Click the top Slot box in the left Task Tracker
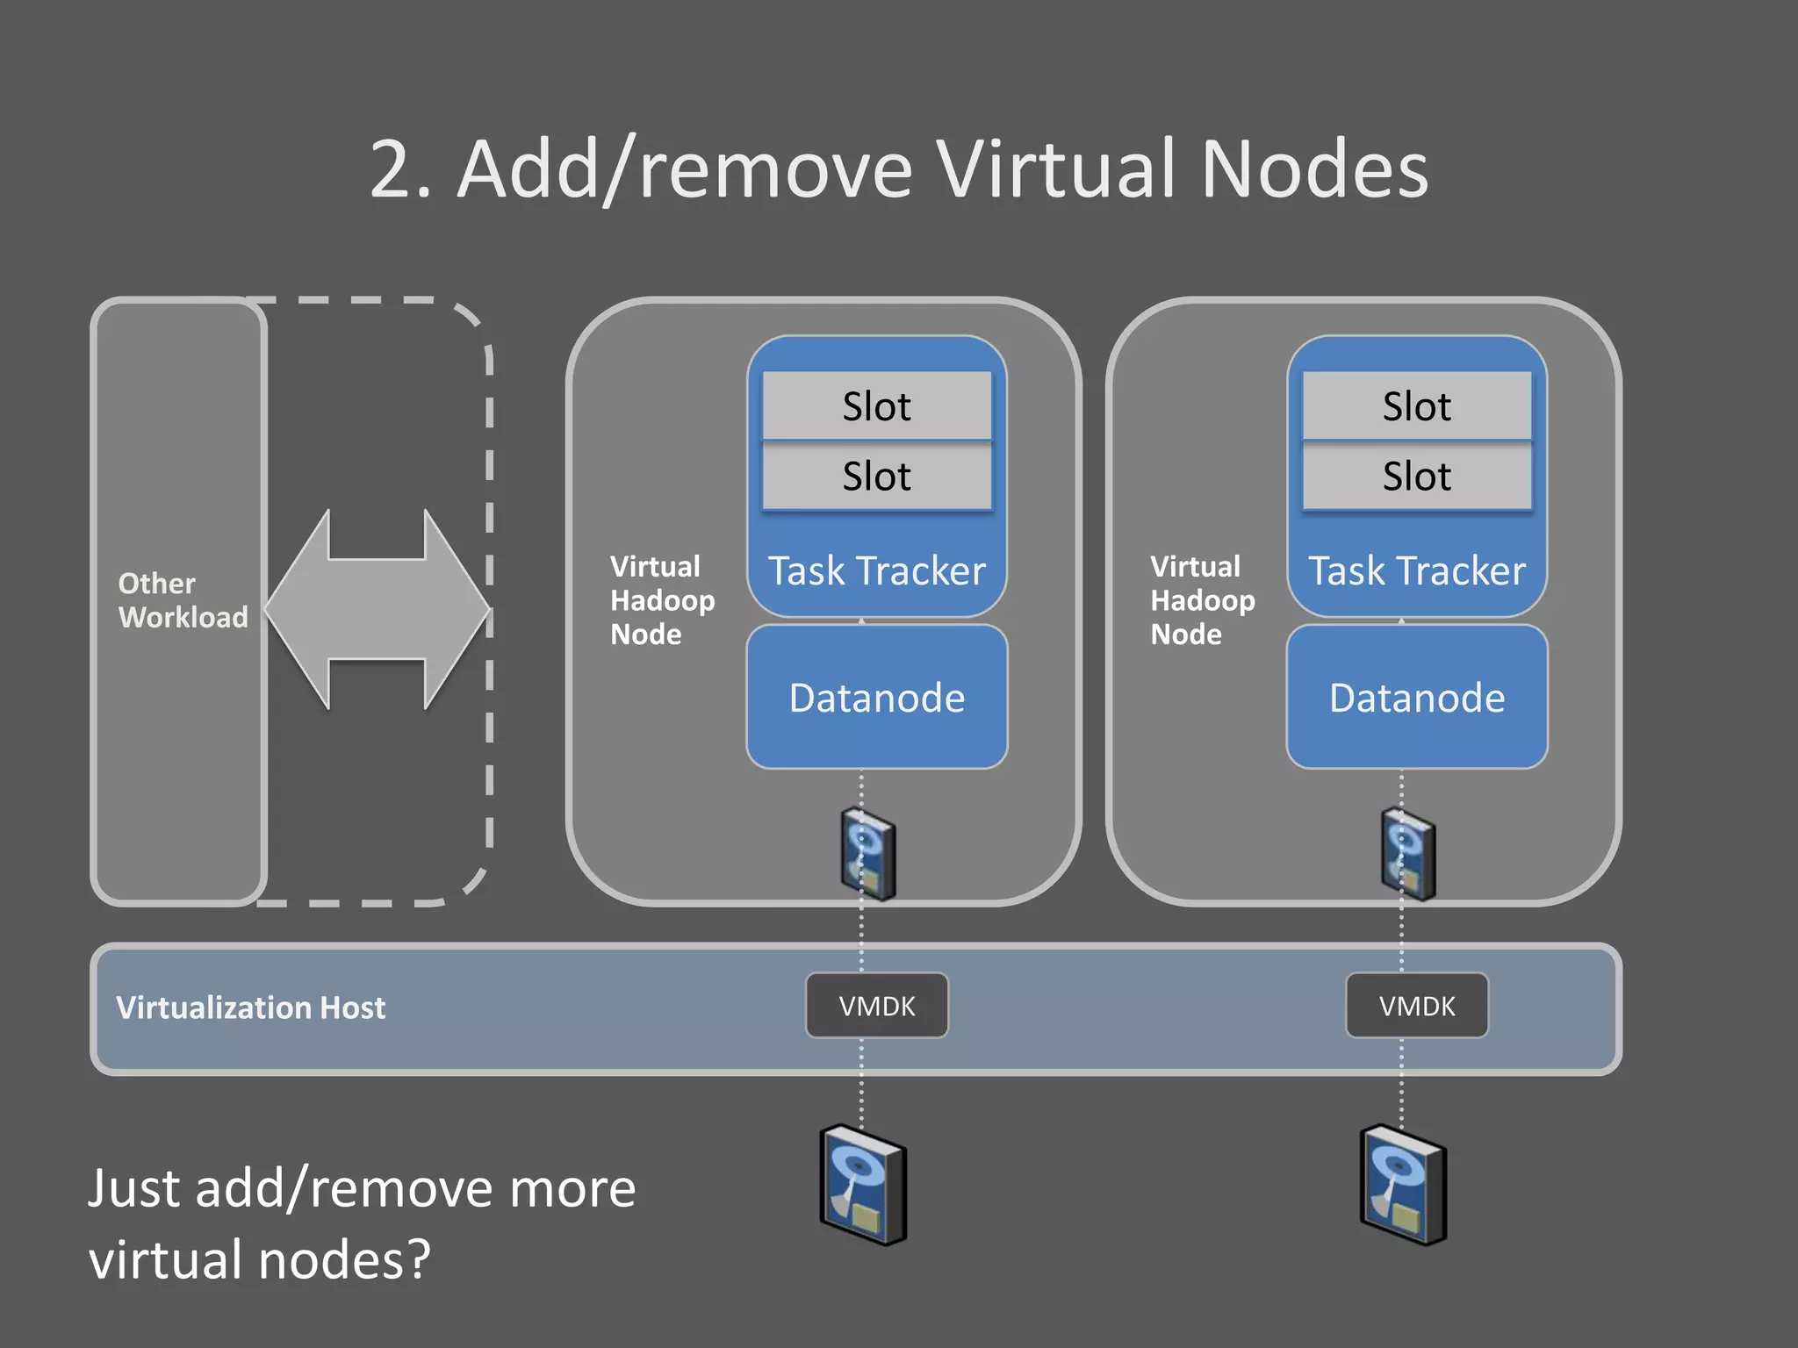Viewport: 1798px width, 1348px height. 876,405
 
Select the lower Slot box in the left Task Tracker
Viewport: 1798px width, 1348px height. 876,476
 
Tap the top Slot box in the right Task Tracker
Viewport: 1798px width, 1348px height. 1416,405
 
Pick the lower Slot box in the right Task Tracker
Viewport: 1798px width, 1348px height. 1416,476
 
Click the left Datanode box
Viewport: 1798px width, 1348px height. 876,697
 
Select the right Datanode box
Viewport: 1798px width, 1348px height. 1416,697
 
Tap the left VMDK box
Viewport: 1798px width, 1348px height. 876,1006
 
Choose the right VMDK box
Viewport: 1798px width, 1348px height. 1416,1006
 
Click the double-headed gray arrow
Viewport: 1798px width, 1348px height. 377,609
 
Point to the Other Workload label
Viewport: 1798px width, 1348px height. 182,600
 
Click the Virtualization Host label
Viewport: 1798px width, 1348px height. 250,1007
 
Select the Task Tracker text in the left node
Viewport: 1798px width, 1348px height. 876,571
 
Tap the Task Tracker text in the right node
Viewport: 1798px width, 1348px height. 1416,571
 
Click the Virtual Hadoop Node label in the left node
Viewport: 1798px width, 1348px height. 662,600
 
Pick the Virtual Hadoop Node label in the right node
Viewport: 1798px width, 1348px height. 1202,600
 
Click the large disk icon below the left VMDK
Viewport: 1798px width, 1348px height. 863,1185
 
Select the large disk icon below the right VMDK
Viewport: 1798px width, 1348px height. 1403,1185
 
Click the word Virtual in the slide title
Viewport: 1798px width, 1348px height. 1055,168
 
